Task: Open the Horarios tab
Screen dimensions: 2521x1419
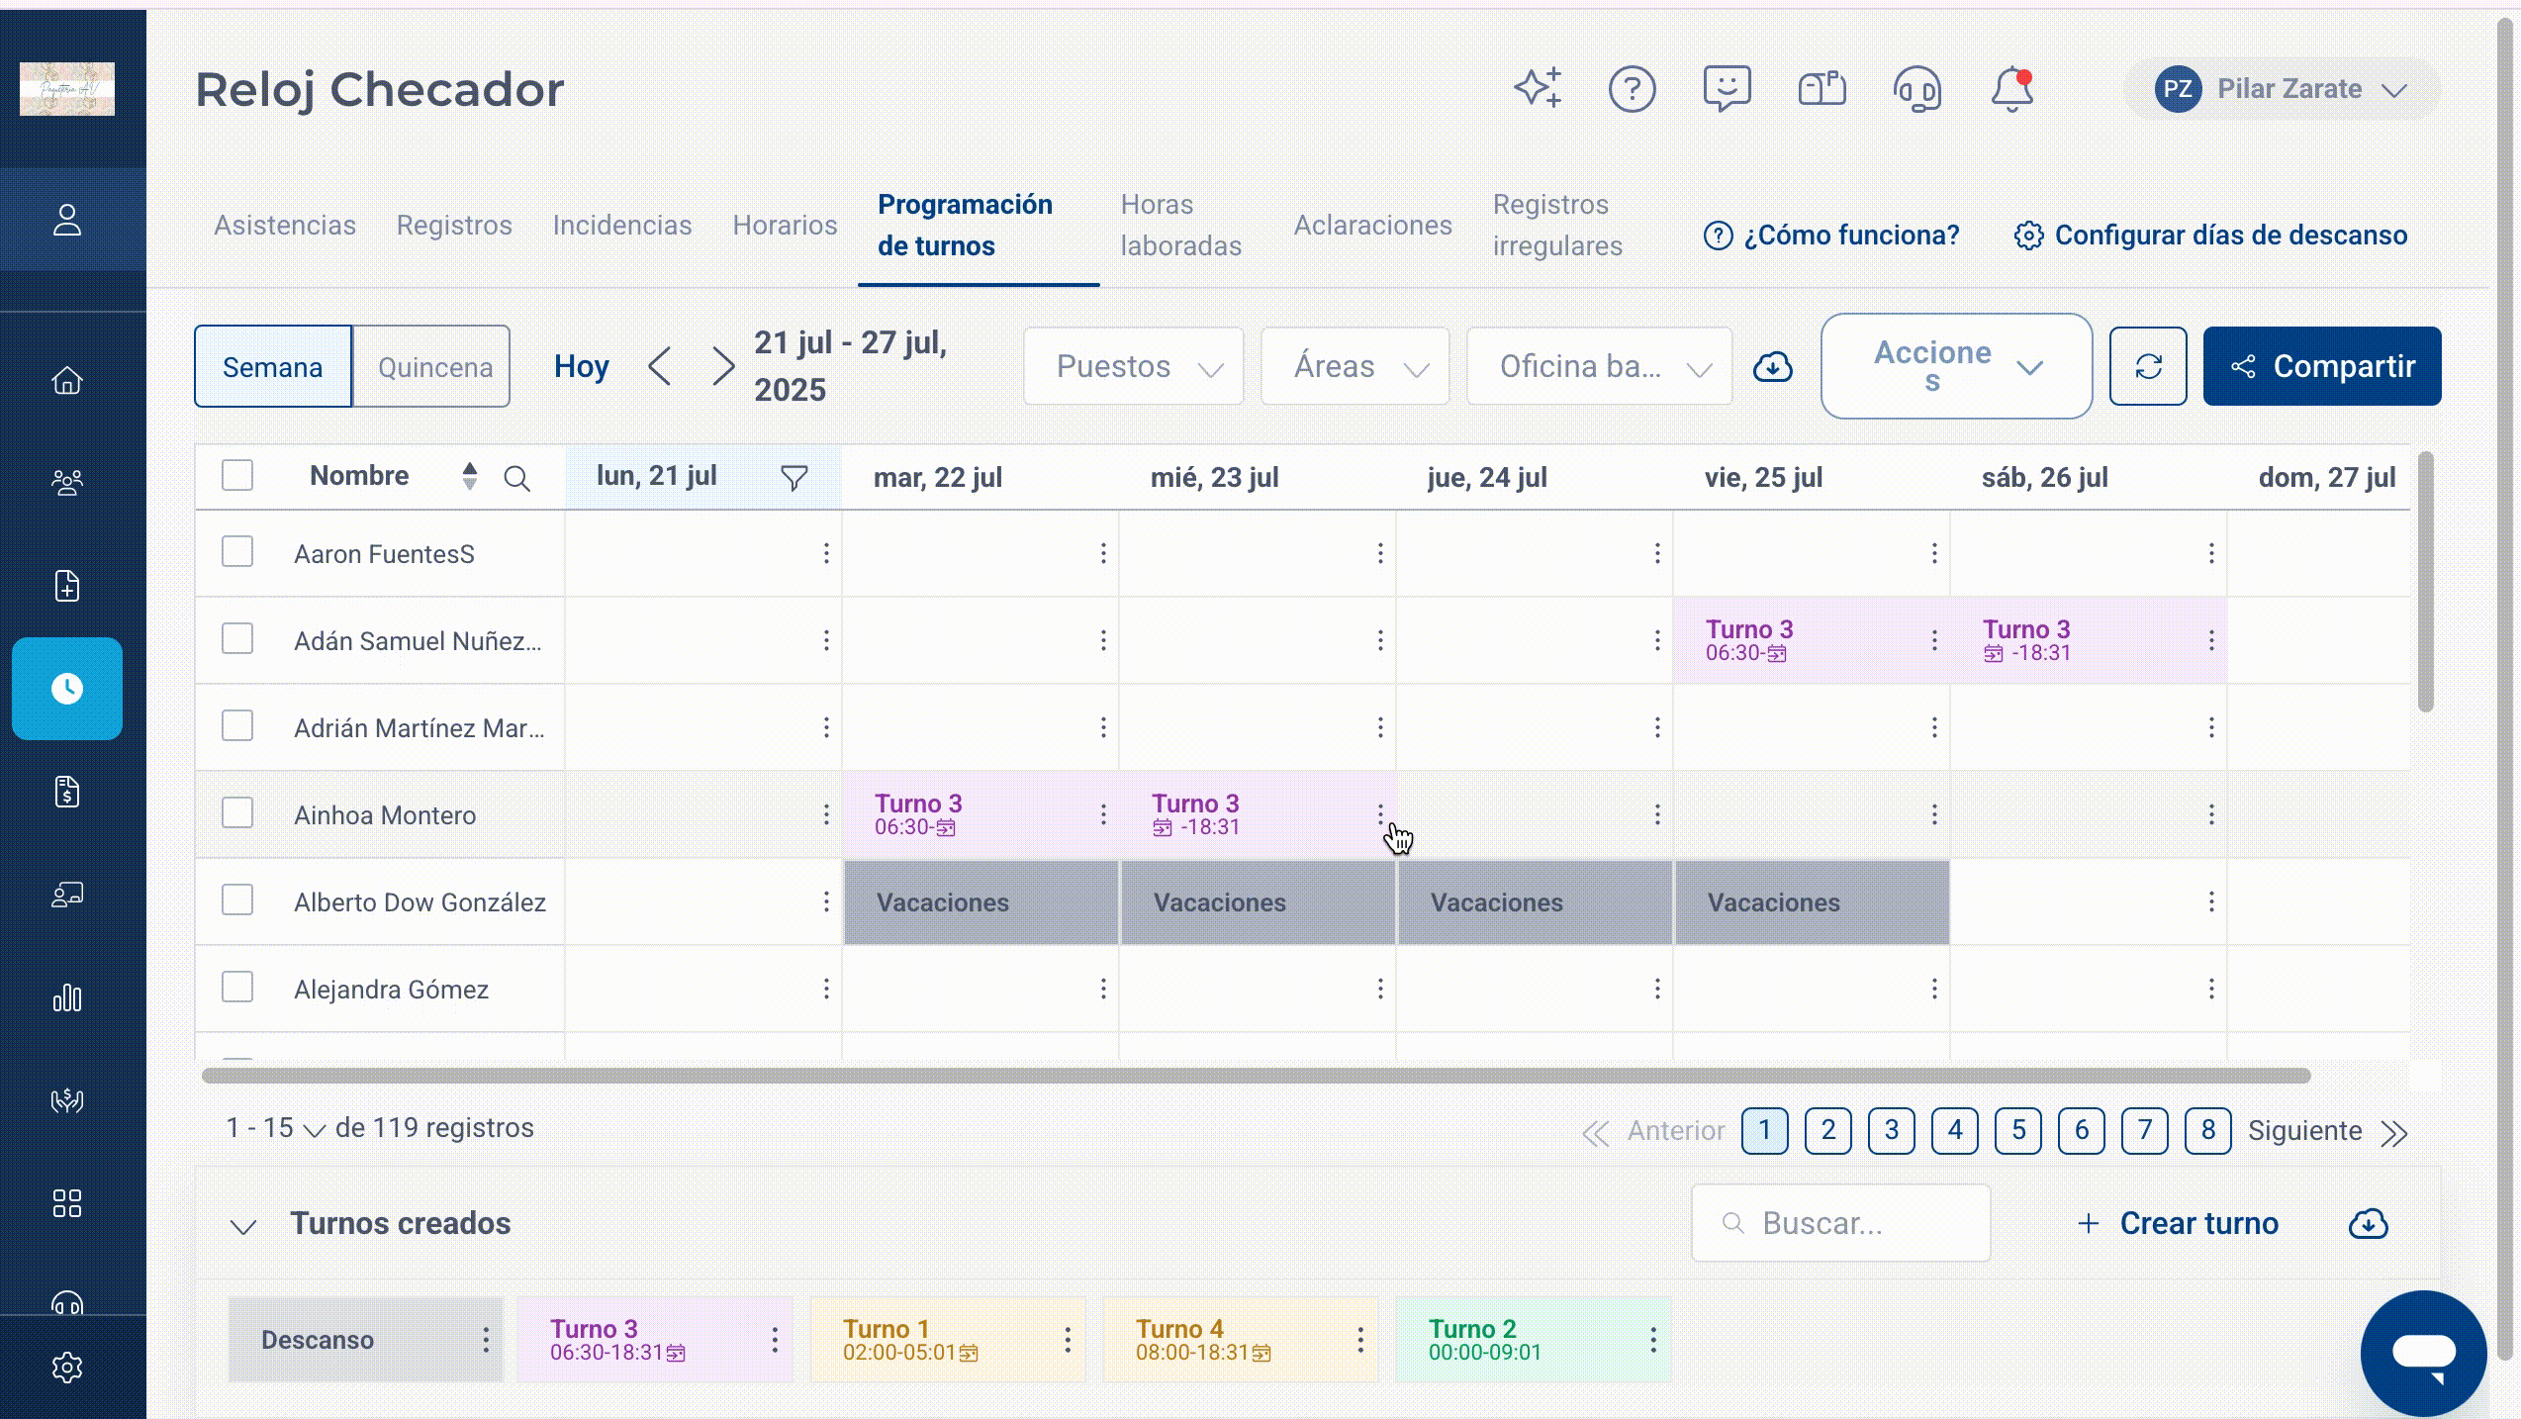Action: pyautogui.click(x=785, y=226)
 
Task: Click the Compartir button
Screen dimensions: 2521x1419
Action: pyautogui.click(x=2321, y=366)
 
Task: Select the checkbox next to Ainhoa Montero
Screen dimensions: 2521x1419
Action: pyautogui.click(x=237, y=813)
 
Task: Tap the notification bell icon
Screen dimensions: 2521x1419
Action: pyautogui.click(x=2011, y=89)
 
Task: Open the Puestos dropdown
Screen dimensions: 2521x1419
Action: pyautogui.click(x=1133, y=367)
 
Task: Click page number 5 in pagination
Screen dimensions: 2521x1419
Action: pyautogui.click(x=2018, y=1130)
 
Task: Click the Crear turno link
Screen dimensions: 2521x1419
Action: pyautogui.click(x=2178, y=1223)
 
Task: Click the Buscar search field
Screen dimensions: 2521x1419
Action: pyautogui.click(x=1840, y=1223)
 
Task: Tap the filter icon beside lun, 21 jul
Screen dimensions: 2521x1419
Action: pyautogui.click(x=794, y=478)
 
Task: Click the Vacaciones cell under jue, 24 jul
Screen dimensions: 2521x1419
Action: pyautogui.click(x=1535, y=902)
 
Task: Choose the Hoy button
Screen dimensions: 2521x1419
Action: pyautogui.click(x=581, y=367)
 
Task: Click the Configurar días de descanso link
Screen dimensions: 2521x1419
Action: pyautogui.click(x=2210, y=236)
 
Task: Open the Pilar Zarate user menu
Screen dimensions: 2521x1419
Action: pyautogui.click(x=2282, y=89)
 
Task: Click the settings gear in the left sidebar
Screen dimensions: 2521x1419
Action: pyautogui.click(x=67, y=1368)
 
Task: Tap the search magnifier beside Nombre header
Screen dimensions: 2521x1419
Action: pyautogui.click(x=516, y=479)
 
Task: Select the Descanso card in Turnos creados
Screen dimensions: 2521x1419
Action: pyautogui.click(x=365, y=1340)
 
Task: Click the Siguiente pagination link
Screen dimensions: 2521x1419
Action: pyautogui.click(x=2304, y=1131)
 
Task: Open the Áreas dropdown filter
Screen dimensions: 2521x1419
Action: pyautogui.click(x=1354, y=367)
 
